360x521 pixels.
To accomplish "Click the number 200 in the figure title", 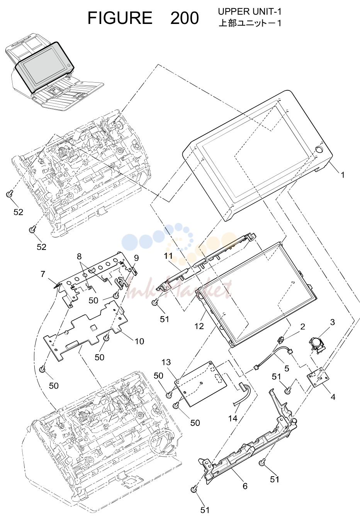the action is (x=184, y=18).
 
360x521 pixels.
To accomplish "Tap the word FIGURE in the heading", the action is (x=120, y=18).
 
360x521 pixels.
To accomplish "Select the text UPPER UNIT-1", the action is (x=250, y=12).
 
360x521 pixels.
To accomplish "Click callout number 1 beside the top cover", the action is (x=342, y=175).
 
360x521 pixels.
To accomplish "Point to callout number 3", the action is (x=333, y=322).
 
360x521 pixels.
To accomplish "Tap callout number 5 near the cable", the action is (x=287, y=368).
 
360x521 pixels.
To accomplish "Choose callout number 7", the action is (x=43, y=274).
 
